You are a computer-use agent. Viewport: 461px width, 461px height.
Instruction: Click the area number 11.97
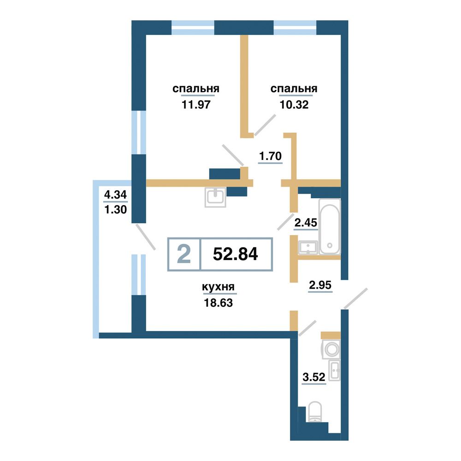pos(196,104)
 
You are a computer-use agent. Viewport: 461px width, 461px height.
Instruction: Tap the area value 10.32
pos(294,104)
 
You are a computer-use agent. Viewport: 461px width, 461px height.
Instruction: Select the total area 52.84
pos(236,254)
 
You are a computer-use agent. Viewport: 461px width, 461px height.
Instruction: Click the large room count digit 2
pos(184,254)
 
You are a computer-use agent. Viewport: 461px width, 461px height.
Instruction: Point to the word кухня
pos(218,287)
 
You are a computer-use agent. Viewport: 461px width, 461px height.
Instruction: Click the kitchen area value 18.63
pos(219,302)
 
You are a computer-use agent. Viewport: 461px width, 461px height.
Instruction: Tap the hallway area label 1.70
pos(270,156)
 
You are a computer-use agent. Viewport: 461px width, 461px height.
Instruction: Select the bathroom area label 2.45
pos(306,223)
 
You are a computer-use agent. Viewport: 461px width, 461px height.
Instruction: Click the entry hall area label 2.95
pos(320,285)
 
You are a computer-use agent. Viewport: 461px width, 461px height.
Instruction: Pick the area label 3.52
pos(314,377)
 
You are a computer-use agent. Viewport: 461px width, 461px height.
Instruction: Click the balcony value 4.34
pos(116,195)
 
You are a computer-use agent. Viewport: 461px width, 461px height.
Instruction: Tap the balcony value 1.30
pos(116,210)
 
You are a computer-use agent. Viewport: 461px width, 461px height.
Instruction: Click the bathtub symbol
pos(330,226)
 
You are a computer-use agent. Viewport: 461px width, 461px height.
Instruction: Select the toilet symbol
pos(315,412)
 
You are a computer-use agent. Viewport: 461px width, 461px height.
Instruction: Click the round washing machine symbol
pos(331,349)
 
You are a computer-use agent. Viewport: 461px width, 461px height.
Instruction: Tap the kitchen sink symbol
pos(215,197)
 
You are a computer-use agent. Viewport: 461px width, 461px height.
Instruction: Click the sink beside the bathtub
pos(308,248)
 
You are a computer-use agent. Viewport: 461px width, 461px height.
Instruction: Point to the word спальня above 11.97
pos(196,89)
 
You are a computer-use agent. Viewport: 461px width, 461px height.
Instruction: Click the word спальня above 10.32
pos(294,89)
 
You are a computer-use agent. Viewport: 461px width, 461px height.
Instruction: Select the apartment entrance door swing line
pos(355,298)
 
